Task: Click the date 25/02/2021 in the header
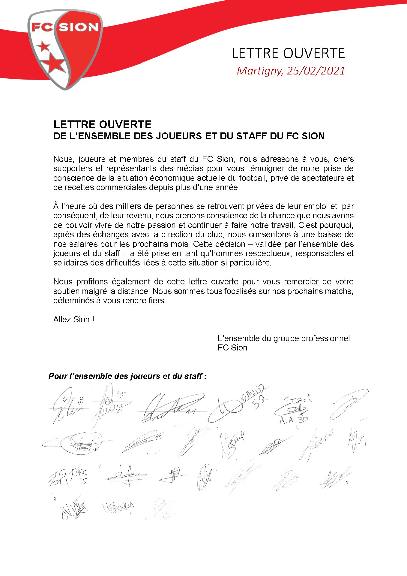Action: [x=316, y=71]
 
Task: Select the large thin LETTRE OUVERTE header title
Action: [x=288, y=53]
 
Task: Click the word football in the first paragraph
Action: [x=253, y=178]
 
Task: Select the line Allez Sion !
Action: [x=74, y=320]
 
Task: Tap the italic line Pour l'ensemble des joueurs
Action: [x=127, y=376]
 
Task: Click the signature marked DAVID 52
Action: [x=237, y=404]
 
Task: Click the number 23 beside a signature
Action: [x=158, y=438]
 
